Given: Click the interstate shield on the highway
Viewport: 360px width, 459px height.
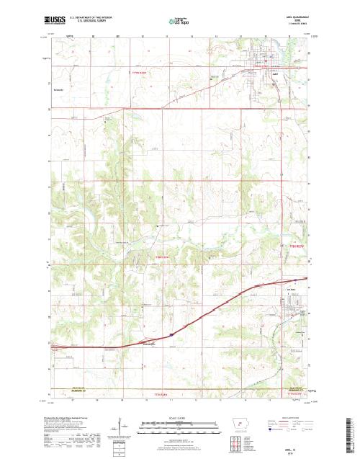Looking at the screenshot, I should point(172,334).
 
